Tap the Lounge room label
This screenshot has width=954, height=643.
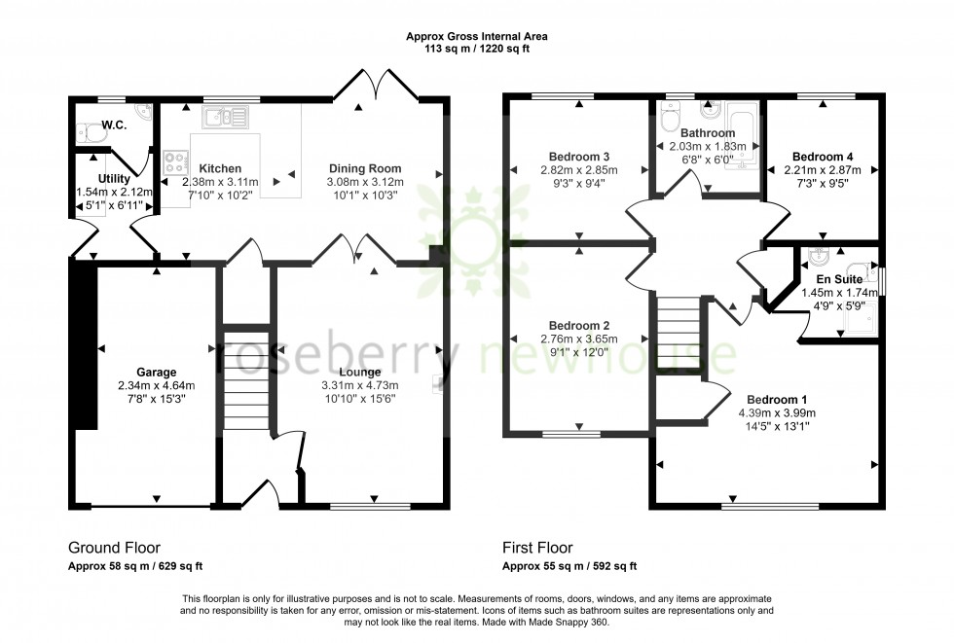point(360,372)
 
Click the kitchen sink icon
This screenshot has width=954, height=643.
point(226,118)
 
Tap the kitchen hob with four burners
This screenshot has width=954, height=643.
point(176,161)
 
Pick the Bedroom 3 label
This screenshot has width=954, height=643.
point(578,157)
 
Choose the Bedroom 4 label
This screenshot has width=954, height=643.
point(823,157)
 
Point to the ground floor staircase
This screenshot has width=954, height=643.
point(247,379)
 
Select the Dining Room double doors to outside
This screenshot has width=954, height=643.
point(376,85)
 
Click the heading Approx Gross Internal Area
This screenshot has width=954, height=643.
point(476,36)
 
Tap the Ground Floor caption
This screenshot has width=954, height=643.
point(114,548)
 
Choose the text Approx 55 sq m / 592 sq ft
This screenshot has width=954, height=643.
point(569,566)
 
